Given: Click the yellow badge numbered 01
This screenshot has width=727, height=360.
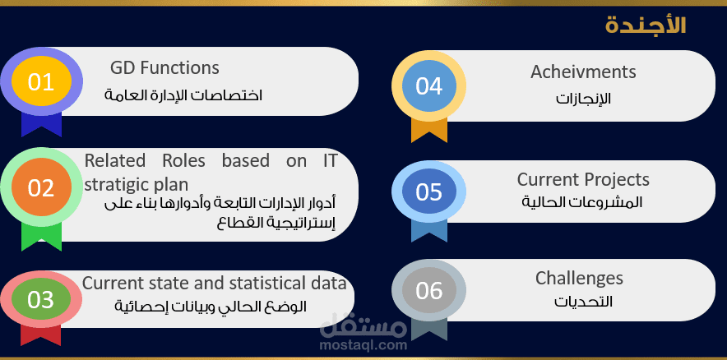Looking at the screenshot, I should (39, 82).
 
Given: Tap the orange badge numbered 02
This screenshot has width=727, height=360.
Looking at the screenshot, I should (40, 188).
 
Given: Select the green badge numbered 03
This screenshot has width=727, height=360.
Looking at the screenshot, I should (40, 300).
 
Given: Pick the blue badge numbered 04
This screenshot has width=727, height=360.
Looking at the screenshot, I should (428, 86).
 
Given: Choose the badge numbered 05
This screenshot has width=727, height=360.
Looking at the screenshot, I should (428, 192).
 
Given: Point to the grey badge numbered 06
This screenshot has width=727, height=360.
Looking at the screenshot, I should (428, 291).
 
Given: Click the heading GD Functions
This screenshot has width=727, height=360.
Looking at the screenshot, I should (164, 67).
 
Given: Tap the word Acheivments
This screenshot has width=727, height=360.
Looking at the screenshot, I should (583, 72).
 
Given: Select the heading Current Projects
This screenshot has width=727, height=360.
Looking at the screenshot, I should (583, 179).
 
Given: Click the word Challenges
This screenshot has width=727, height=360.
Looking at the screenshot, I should (579, 278).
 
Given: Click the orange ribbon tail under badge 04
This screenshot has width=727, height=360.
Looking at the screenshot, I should (428, 130).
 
